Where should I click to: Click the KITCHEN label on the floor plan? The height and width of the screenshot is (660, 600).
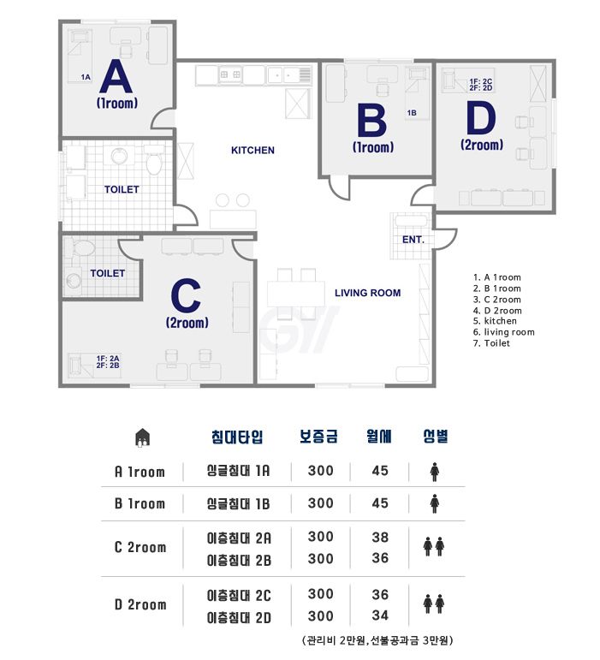tap(252, 151)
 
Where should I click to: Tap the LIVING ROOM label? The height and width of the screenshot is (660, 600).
tap(368, 293)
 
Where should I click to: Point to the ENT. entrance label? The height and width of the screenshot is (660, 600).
tap(413, 240)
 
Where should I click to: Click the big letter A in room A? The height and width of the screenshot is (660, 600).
tap(116, 76)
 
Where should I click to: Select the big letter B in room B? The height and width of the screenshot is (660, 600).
tap(372, 122)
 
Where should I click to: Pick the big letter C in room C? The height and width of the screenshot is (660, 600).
tap(186, 295)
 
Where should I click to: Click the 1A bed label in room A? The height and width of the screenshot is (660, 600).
tap(86, 77)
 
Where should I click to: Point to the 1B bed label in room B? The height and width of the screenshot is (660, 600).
tap(412, 113)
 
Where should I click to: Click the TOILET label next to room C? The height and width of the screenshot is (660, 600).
tap(107, 273)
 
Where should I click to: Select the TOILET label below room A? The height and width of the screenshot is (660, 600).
tap(122, 189)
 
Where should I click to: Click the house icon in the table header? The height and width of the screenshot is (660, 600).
tap(143, 437)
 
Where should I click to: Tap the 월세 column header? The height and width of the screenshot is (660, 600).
tap(379, 437)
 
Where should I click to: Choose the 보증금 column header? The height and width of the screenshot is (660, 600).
tap(318, 437)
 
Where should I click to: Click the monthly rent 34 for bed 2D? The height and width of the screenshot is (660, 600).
tap(380, 615)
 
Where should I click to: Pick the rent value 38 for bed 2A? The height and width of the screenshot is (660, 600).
tap(380, 537)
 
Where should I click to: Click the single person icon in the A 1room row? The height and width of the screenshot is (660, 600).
tap(435, 472)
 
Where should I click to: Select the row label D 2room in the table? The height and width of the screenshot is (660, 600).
tap(140, 605)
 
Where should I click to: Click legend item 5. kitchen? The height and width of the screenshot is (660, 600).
tap(495, 321)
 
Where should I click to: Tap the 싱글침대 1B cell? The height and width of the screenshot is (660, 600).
tap(238, 504)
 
